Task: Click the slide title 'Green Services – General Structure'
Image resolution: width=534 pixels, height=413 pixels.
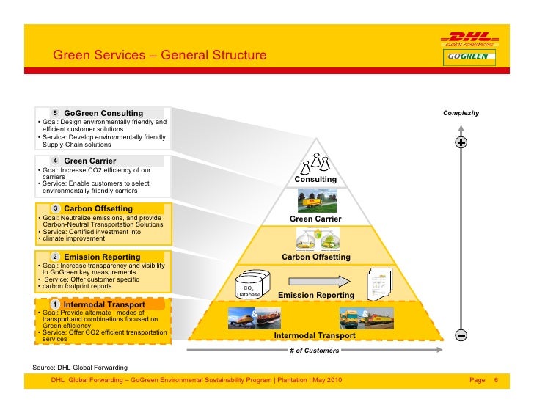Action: [x=159, y=56]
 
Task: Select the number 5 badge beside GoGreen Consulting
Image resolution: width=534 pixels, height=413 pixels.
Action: [x=55, y=113]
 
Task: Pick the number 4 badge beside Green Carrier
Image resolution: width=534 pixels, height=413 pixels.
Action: [x=55, y=161]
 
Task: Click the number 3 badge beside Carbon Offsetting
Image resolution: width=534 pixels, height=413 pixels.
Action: [x=55, y=208]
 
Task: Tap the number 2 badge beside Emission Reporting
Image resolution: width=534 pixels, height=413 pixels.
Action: [x=55, y=257]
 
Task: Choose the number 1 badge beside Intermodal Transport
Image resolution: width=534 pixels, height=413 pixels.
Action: [x=55, y=304]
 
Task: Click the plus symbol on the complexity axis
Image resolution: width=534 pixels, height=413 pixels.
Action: [x=461, y=142]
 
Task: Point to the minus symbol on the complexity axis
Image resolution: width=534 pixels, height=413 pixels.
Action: [x=461, y=335]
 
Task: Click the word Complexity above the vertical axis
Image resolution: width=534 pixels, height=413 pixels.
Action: [x=461, y=113]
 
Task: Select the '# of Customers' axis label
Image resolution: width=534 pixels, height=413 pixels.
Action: [x=315, y=351]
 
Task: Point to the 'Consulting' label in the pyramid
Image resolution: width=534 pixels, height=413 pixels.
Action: [x=315, y=179]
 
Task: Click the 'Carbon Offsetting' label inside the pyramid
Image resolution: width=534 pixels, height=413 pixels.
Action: [x=316, y=257]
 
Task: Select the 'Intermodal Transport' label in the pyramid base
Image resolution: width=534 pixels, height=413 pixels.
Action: [x=315, y=335]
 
